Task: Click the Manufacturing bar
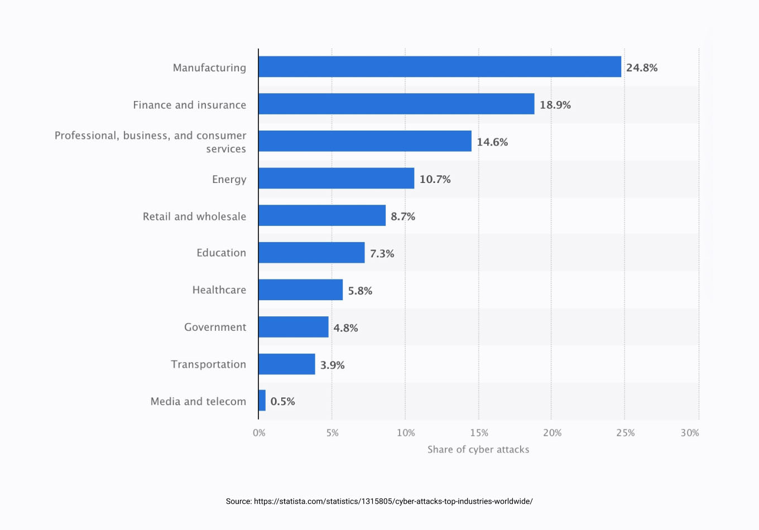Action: coord(440,67)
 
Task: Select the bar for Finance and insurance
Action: coord(396,104)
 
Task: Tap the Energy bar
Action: coord(337,179)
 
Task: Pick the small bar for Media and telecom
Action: coord(262,401)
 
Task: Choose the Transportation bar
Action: coord(287,364)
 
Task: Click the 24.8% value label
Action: coord(642,68)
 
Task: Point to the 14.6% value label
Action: coord(492,142)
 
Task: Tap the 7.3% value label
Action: coord(382,254)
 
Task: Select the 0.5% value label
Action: coord(282,402)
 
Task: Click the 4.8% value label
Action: coord(345,328)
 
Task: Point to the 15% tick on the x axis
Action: coord(479,433)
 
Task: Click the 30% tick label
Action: coord(690,433)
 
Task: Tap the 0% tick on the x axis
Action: coord(259,433)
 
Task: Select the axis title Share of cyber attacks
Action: coord(478,450)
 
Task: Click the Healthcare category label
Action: coord(219,290)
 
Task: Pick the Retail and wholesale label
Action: coord(194,216)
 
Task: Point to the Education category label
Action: coord(221,253)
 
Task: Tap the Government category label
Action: coord(215,327)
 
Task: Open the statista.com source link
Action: coord(393,502)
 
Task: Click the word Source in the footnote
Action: coord(238,502)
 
